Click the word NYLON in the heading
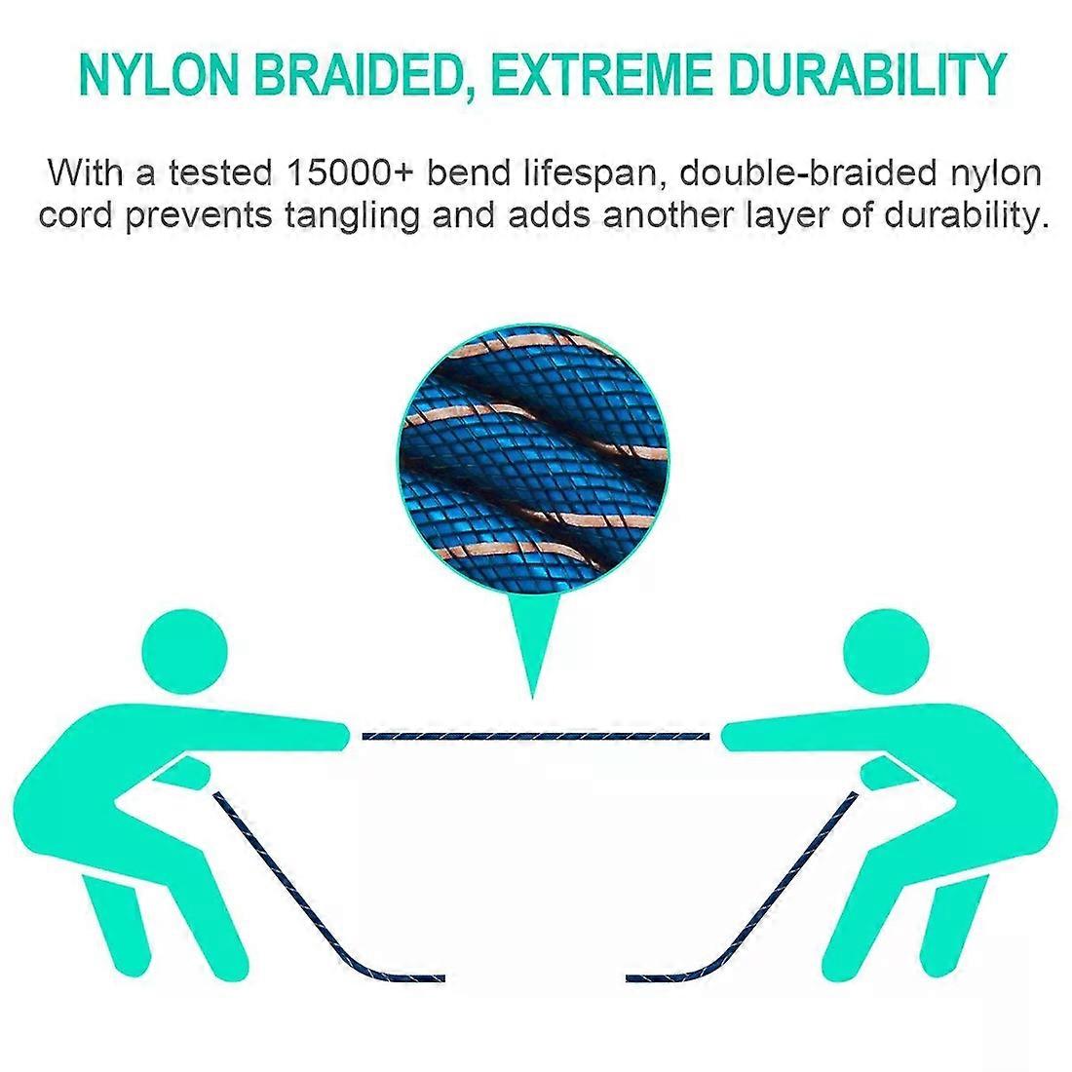(159, 74)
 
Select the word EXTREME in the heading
(601, 74)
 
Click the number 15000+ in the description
(350, 172)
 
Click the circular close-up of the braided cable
(533, 459)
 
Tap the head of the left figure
(184, 652)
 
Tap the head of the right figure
(886, 652)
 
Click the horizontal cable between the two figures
(535, 737)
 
